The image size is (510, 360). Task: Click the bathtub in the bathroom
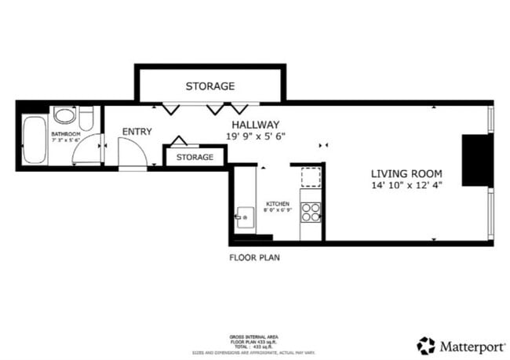35,140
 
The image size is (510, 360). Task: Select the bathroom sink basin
64,117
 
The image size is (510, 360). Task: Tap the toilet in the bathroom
86,118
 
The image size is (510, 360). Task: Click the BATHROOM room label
66,134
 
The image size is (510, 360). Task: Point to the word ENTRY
137,131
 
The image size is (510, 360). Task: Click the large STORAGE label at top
209,85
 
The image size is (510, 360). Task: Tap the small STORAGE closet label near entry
195,157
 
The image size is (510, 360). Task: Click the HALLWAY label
255,124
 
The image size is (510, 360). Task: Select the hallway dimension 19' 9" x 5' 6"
255,136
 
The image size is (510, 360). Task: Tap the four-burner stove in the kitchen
311,213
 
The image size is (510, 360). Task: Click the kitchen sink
243,214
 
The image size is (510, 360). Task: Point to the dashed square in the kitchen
311,177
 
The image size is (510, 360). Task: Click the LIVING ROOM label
406,173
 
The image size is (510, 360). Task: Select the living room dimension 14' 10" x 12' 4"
406,186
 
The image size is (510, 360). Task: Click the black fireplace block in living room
475,160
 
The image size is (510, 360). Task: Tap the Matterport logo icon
426,345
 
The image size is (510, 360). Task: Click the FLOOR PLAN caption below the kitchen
254,257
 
